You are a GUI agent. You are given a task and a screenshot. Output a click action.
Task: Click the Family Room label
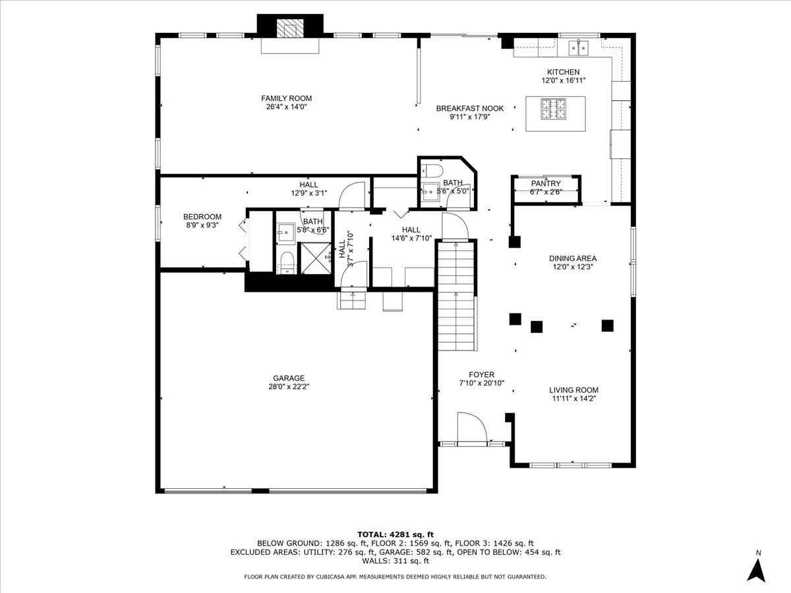coord(287,98)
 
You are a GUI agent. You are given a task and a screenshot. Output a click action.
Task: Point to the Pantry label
coord(546,184)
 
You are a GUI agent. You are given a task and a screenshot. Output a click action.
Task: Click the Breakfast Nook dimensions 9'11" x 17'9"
coord(470,117)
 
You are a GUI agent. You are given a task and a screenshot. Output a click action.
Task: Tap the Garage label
coord(289,378)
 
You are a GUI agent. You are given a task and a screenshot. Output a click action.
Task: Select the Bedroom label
coord(202,217)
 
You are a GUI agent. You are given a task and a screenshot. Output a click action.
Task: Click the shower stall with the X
coord(316,258)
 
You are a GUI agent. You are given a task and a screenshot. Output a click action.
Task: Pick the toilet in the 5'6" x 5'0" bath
coord(432,170)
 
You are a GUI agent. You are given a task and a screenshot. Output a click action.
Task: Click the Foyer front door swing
coord(472,428)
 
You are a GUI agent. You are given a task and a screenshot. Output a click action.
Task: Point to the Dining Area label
coord(573,258)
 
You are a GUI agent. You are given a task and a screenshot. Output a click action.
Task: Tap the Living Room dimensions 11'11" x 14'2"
coord(573,399)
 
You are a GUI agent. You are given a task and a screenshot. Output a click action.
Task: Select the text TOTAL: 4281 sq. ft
coord(395,534)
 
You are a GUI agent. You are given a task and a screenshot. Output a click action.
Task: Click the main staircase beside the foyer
coord(456,296)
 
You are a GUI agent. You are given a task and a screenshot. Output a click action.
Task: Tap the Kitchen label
coord(563,72)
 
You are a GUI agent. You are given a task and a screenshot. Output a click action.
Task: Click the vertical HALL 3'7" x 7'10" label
coord(346,249)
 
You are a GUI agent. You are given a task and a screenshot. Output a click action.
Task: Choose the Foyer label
coord(481,374)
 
